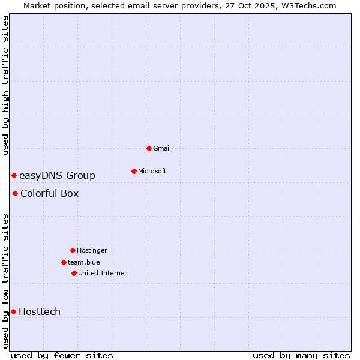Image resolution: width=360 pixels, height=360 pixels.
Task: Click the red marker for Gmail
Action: coord(149,148)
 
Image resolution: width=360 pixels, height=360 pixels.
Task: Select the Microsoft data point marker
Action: coord(134,171)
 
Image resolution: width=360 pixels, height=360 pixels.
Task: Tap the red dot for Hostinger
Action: coord(73,250)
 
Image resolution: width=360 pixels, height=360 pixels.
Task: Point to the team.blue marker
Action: coord(64,262)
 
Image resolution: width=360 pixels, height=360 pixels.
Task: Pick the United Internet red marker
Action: coord(74,273)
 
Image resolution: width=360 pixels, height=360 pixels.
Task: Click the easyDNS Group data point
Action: coord(14,175)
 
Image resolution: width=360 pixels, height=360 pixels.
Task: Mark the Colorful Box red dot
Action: coord(15,193)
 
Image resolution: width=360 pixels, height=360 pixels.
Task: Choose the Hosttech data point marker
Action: coord(13,311)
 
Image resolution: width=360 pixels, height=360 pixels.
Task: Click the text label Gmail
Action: coord(162,148)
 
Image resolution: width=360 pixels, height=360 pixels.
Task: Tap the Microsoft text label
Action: coord(152,171)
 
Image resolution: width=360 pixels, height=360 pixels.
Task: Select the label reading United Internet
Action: coord(103,273)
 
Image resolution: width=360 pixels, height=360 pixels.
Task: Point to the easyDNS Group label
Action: coord(57,175)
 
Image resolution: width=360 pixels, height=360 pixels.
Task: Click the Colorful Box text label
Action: coord(49,193)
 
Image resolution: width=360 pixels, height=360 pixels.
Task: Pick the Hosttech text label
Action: coord(40,311)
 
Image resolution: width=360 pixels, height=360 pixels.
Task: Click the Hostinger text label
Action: coord(92,250)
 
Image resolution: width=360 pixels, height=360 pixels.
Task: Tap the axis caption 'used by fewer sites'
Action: coord(62,355)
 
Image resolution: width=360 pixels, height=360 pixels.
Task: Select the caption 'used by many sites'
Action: coord(301,355)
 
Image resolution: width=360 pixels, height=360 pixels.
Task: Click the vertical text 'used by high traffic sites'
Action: coord(6,86)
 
